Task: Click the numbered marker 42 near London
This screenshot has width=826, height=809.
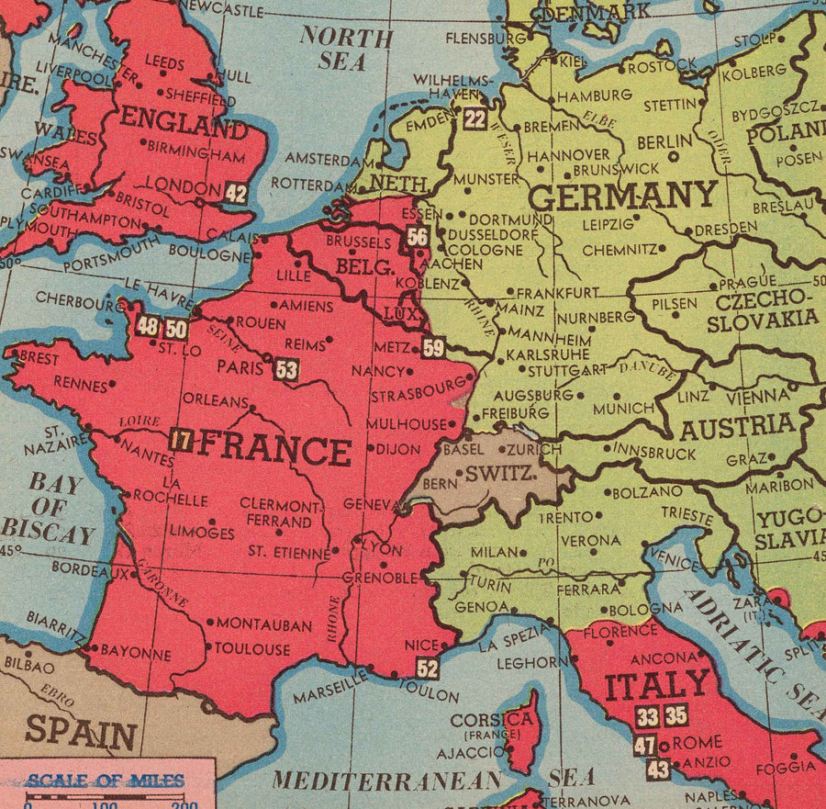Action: (236, 193)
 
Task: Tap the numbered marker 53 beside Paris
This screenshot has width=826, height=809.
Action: (286, 369)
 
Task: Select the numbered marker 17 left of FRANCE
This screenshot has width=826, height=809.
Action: (181, 440)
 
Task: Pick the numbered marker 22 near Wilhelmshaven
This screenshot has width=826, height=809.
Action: (474, 118)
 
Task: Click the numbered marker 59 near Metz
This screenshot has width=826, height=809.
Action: (433, 347)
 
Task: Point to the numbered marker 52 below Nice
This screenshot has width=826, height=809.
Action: (427, 668)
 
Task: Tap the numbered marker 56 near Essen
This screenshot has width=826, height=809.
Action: (418, 237)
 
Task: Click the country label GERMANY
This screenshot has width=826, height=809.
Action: (622, 196)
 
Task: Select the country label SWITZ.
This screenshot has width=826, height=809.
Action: (500, 475)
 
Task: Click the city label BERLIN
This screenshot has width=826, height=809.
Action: (664, 141)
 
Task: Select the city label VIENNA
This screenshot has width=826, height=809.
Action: (757, 398)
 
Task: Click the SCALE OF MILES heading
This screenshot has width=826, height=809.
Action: (105, 781)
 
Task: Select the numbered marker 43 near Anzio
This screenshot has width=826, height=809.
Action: (658, 770)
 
